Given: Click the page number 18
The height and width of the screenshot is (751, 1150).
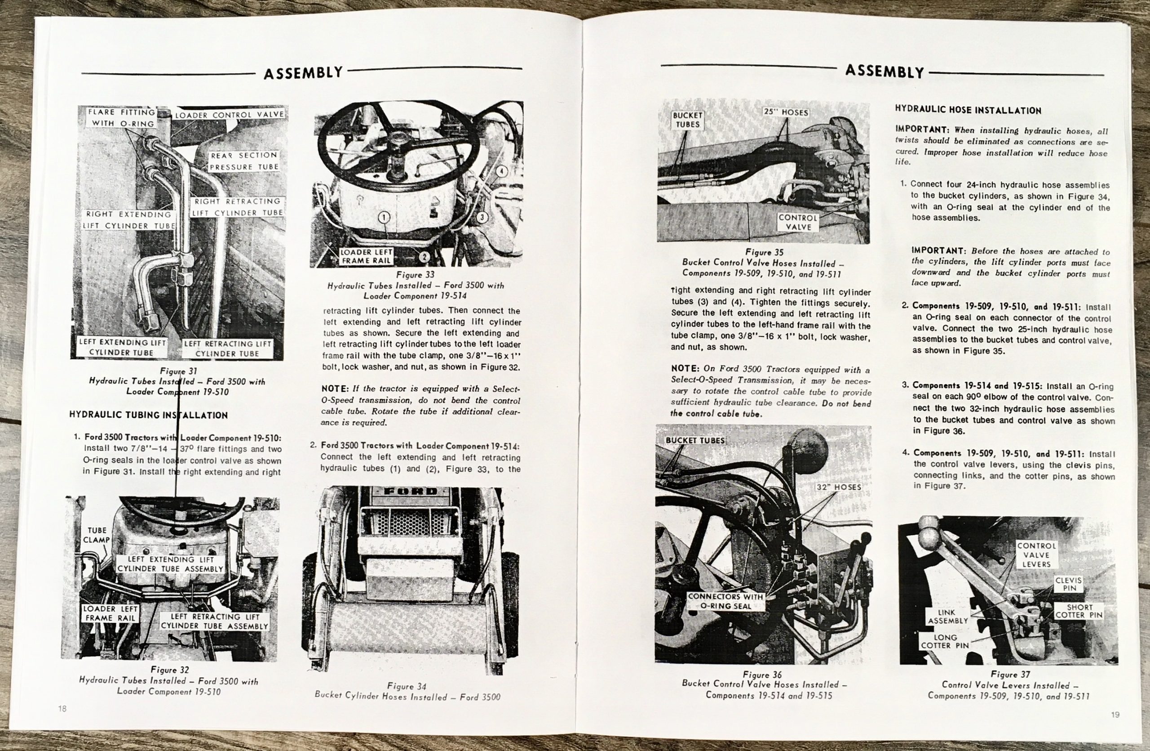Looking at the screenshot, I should [x=62, y=708].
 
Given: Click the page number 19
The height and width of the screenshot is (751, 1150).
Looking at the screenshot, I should [x=1115, y=714].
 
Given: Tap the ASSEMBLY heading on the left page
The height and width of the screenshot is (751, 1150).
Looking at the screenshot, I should [x=303, y=72].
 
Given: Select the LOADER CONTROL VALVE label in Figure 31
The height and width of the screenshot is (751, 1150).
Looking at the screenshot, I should [x=230, y=115].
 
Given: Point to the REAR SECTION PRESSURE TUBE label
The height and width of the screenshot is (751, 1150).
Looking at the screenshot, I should [x=244, y=161].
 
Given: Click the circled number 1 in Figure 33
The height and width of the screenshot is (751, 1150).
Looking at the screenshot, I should [x=384, y=218].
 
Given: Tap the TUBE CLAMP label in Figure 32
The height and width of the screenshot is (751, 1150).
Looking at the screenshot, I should [x=97, y=535].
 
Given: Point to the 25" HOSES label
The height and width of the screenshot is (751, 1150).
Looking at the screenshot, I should [x=786, y=112].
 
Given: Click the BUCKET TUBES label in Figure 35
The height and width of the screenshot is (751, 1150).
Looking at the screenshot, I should [x=688, y=120].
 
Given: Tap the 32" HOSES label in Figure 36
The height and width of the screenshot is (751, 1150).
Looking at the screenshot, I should [x=839, y=487].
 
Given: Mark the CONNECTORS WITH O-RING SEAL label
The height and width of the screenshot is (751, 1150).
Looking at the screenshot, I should [x=726, y=601].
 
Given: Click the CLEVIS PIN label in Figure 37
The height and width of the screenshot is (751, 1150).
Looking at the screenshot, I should [x=1069, y=584].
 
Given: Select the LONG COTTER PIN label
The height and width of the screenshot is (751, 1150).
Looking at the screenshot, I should [x=945, y=641].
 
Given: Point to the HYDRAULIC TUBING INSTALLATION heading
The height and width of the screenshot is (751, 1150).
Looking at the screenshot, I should [x=148, y=415].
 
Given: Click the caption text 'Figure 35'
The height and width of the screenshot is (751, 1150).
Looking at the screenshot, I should [x=764, y=252].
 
